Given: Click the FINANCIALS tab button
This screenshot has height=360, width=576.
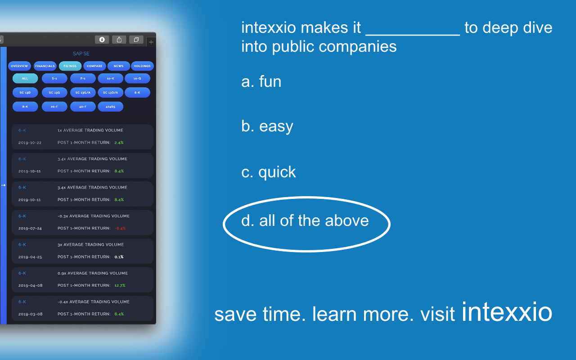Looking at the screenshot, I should point(45,66).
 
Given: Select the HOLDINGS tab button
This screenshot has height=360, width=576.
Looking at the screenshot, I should point(142,66).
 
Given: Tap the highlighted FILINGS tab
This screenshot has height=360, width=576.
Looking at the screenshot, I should point(70,66).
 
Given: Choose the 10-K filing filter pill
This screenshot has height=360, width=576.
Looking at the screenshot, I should point(110,78).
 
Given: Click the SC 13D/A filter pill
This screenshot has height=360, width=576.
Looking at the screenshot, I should point(110,93).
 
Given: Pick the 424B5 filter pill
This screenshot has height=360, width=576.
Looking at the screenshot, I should point(110,107).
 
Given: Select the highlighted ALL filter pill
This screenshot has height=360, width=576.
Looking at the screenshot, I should point(25,78).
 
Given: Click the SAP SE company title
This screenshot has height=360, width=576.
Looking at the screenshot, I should point(81,54).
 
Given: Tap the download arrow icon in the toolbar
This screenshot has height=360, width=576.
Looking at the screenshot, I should point(102,40).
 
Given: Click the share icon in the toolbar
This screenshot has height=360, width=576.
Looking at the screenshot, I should point(119,40).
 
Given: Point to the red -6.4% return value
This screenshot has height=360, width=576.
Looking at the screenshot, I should point(120,228).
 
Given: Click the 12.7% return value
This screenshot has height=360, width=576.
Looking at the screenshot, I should point(120,285).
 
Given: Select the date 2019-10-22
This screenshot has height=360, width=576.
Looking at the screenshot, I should point(30,143).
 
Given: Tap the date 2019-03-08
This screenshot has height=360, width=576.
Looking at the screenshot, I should point(30,314).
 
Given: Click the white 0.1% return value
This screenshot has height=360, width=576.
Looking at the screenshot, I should point(119,257).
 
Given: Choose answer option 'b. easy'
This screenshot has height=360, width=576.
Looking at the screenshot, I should point(267,126).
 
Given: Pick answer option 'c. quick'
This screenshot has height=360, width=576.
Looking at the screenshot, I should point(269,172).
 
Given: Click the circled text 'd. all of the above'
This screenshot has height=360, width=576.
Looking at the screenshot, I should point(305,220).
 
